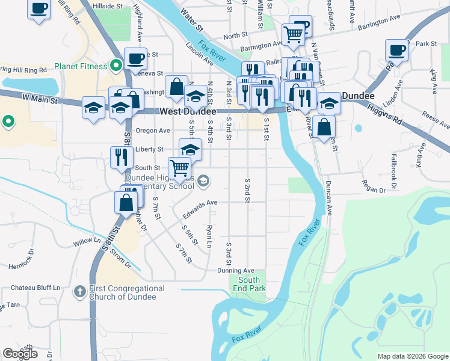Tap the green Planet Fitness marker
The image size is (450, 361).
pos(116,65)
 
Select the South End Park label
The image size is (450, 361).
pos(249,284)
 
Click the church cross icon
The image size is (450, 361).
pos(79,292)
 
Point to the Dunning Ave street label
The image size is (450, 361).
pos(236,271)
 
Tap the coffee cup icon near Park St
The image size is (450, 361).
pos(397,50)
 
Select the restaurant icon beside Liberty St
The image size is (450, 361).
pos(122,156)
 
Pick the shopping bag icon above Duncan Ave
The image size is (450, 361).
pos(324,127)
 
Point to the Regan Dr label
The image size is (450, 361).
pos(373,190)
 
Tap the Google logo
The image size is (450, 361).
pos(20,354)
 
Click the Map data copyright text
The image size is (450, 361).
pos(412,356)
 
